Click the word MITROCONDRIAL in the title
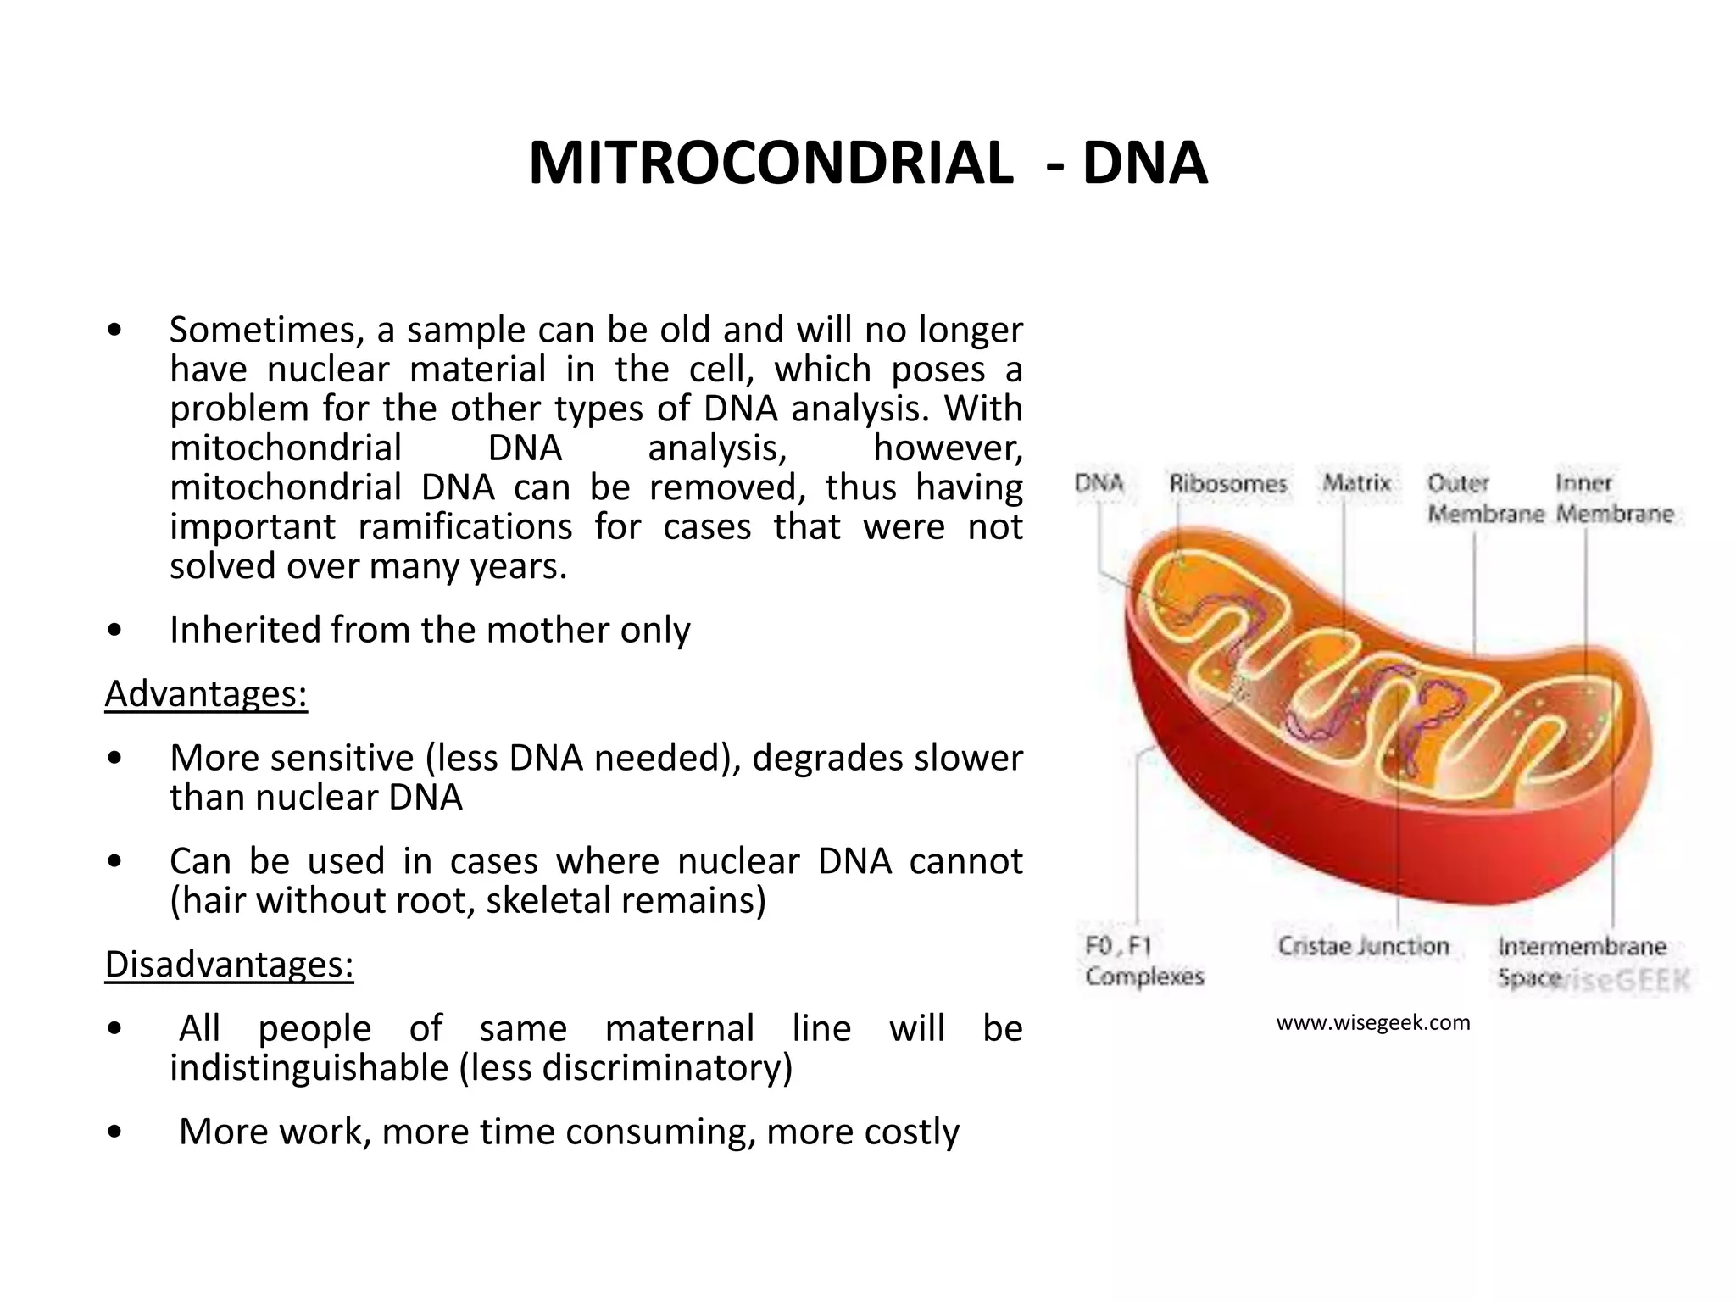[771, 163]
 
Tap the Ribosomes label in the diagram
[1227, 484]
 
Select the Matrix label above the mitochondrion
[1357, 483]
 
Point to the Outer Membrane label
[1485, 498]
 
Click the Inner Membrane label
[1615, 498]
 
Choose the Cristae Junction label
[1363, 946]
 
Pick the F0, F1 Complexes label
[1144, 961]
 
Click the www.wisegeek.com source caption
[1373, 1023]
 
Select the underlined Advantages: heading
[206, 694]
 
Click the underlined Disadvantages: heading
[229, 965]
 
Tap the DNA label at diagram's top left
[1099, 483]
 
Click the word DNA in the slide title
[1144, 163]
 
